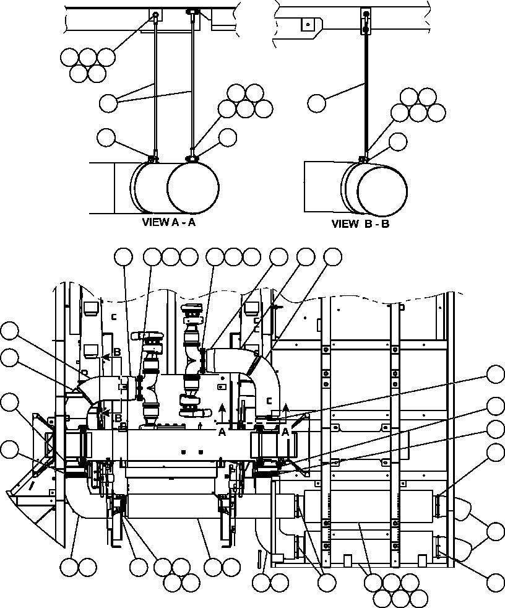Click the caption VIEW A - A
169,223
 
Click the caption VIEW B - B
360,224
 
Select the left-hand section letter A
222,433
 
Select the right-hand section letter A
286,432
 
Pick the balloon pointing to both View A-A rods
108,103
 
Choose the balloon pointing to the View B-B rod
317,103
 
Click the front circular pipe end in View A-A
193,187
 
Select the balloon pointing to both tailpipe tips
496,531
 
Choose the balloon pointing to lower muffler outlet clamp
496,581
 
